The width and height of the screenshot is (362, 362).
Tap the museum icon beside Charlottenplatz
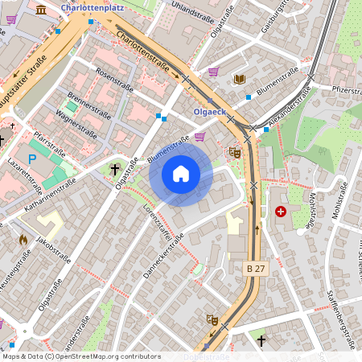click(x=41, y=9)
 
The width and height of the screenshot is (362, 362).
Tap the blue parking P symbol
click(x=32, y=159)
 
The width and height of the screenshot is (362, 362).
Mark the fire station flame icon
click(x=23, y=239)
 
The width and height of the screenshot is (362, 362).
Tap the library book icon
click(x=239, y=79)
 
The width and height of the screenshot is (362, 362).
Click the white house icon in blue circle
click(x=181, y=174)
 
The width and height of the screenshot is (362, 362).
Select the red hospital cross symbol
click(x=280, y=212)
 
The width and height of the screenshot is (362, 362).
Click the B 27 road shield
click(x=255, y=269)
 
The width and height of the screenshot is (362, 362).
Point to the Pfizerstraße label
click(x=342, y=90)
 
